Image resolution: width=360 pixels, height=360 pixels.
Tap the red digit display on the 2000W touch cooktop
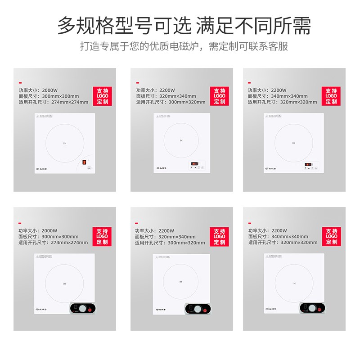pos(84,162)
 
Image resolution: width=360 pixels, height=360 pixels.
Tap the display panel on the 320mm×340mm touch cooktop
pos(194,163)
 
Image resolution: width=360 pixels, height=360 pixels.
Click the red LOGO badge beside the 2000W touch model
pos(103,96)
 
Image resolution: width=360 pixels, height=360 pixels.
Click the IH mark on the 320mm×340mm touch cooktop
pos(181,140)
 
